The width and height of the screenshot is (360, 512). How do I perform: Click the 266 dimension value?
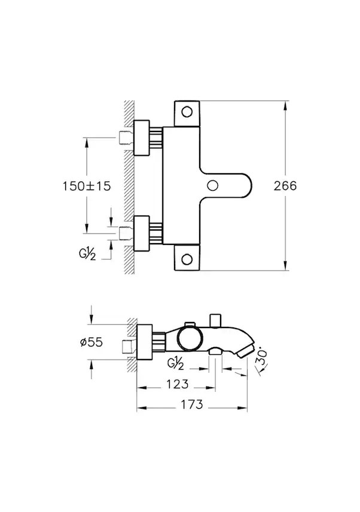click(x=285, y=186)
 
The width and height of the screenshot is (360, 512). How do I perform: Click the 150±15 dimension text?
click(x=87, y=186)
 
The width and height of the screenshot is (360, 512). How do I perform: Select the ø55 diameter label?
click(x=91, y=342)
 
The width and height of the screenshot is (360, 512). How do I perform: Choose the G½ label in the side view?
click(x=175, y=361)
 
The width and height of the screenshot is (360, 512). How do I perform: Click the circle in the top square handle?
click(x=187, y=112)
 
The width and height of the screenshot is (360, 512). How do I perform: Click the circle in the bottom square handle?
click(x=187, y=259)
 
